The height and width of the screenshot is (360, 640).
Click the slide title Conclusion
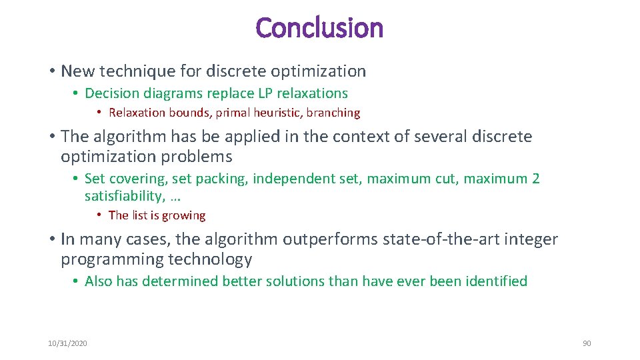coord(319,29)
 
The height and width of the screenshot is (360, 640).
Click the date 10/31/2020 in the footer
coord(67,343)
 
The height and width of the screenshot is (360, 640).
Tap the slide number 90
coord(587,343)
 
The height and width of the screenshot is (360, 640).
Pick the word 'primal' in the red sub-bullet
coord(233,113)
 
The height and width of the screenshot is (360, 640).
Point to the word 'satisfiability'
coord(127,196)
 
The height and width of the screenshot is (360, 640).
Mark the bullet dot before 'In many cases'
coord(51,239)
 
